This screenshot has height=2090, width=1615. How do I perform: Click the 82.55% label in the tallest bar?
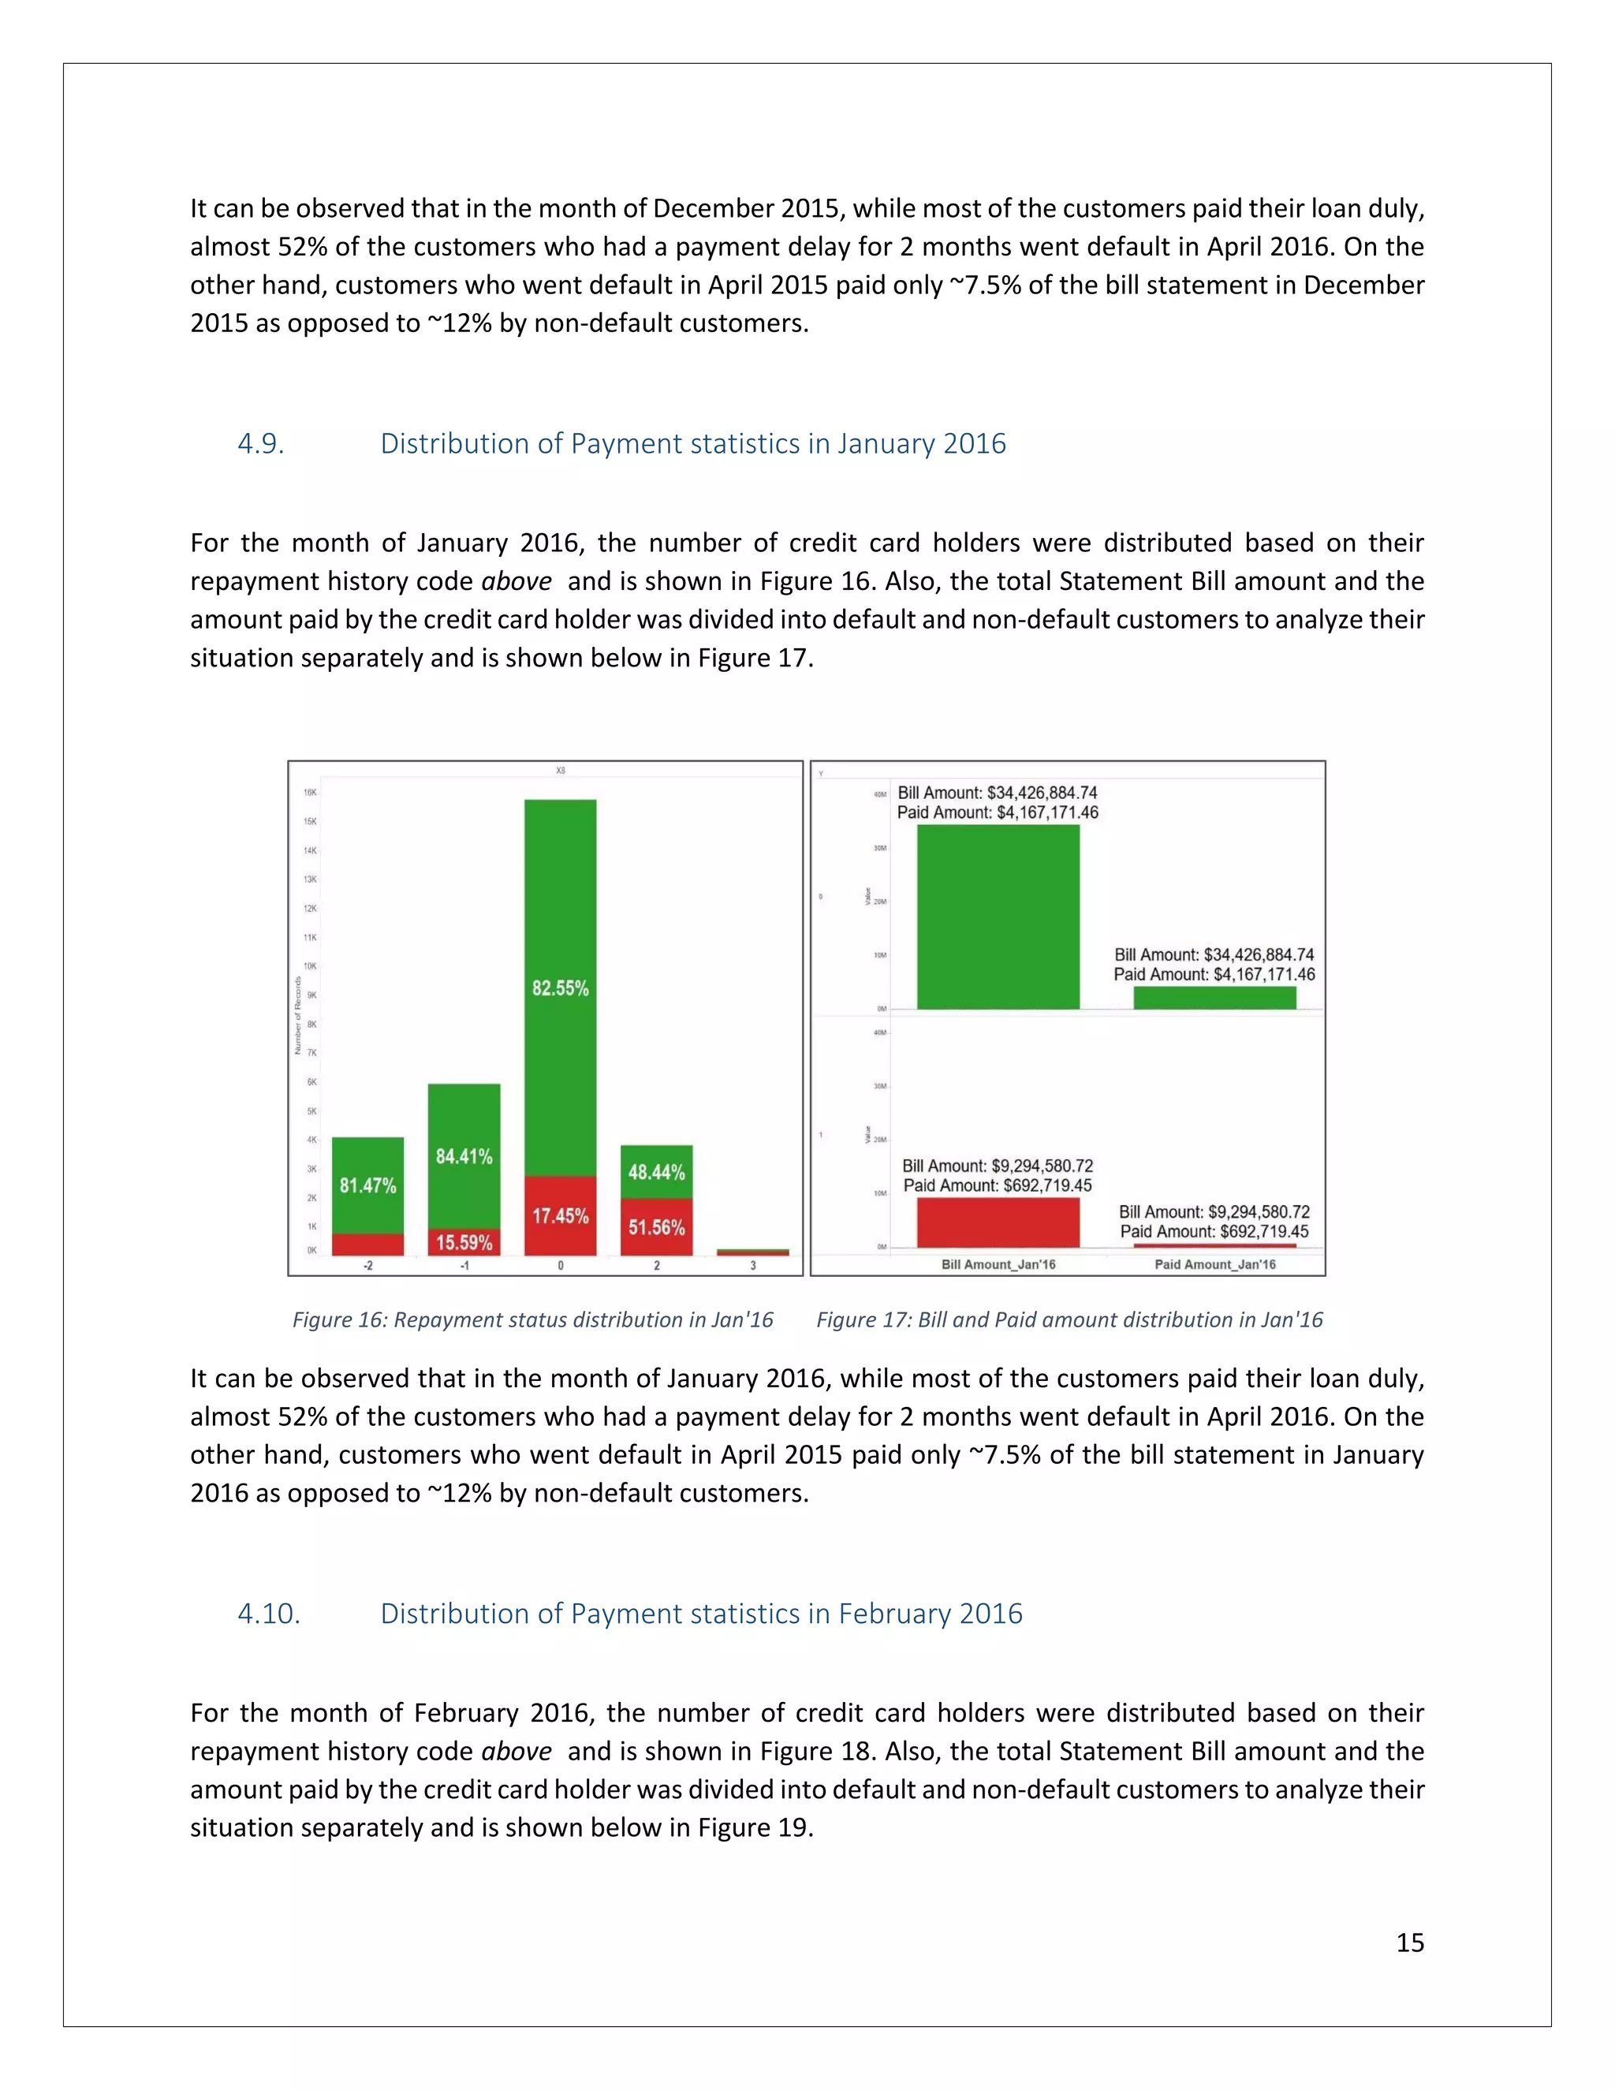pos(560,987)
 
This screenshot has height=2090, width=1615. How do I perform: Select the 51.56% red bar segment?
pos(656,1227)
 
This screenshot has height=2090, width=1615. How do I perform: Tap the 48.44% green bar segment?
pos(656,1171)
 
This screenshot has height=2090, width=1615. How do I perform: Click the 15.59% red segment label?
pos(464,1242)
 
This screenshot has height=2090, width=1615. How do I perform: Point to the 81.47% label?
pos(367,1185)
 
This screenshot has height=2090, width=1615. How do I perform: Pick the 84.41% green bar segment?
pos(464,1156)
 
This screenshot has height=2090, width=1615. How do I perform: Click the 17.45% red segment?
pos(560,1215)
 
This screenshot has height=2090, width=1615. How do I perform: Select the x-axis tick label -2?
pos(367,1265)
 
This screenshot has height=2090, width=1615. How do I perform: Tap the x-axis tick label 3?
pos(753,1265)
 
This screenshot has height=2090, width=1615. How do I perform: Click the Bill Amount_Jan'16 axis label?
pos(998,1264)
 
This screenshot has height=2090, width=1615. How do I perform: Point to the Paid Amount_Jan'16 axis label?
pos(1215,1264)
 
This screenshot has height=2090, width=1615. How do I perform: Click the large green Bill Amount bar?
pos(998,916)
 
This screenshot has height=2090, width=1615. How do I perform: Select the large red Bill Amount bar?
pos(998,1222)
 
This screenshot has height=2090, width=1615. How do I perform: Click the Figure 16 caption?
pos(532,1319)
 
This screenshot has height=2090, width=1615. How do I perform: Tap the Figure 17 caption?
pos(1069,1319)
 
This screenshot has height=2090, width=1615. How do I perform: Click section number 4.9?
pos(260,444)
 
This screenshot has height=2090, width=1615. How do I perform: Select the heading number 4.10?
pos(269,1614)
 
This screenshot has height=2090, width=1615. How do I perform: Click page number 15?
pos(1409,1942)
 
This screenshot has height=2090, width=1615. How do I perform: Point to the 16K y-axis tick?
pos(310,793)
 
